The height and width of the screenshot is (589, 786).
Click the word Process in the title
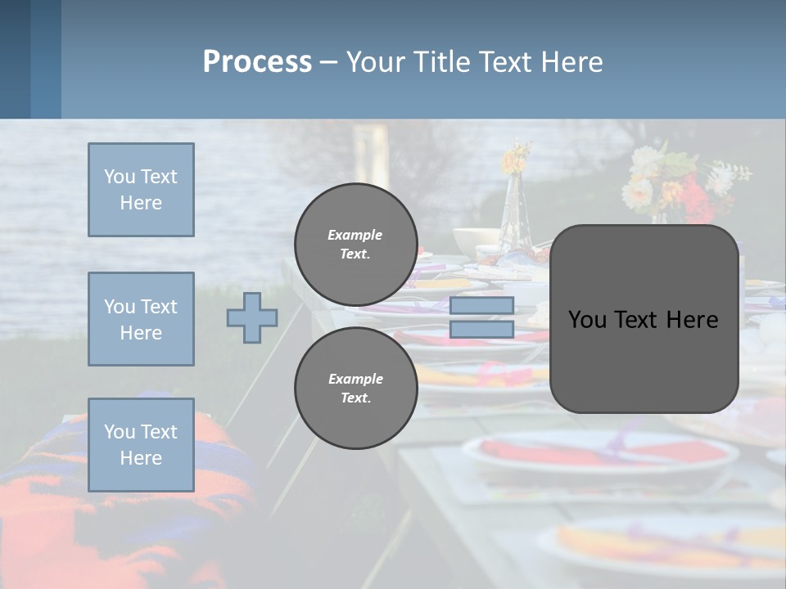tap(257, 62)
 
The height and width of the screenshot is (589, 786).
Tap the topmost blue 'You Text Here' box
tap(141, 190)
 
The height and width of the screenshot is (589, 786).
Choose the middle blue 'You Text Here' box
tap(141, 319)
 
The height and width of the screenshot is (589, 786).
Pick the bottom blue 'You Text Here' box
tap(141, 444)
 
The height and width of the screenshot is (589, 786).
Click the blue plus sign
tap(252, 317)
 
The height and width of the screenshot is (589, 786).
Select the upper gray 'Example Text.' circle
tap(355, 245)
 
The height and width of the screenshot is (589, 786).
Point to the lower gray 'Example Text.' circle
tap(355, 389)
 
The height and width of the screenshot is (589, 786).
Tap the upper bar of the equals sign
tap(481, 306)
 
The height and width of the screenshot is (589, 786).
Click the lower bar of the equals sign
tap(481, 330)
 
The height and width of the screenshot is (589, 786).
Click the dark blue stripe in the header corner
tap(15, 59)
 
